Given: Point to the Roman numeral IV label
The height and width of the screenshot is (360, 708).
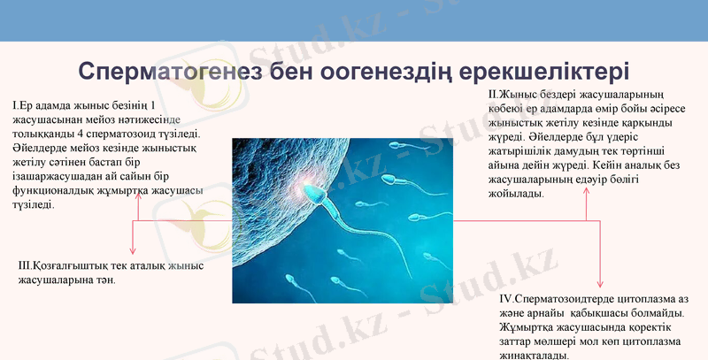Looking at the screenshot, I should coord(505,298).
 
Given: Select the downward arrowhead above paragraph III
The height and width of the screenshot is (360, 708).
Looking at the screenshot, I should coord(133,251).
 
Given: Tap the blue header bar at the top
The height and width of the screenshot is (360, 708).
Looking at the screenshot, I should coord(354,19).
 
